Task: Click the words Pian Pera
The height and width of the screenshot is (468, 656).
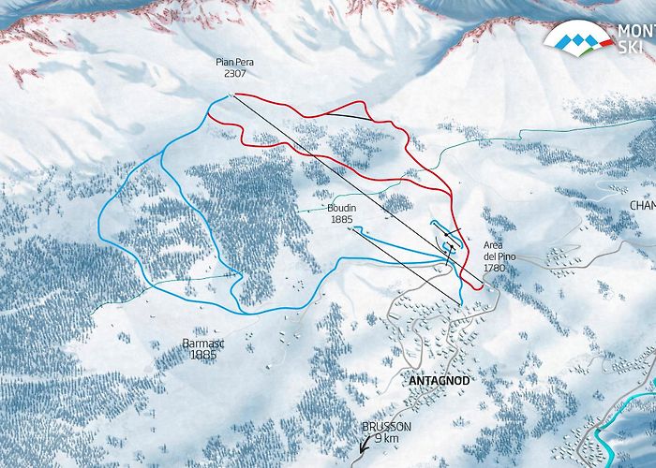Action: (x=233, y=63)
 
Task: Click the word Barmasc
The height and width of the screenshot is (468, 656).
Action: (x=201, y=344)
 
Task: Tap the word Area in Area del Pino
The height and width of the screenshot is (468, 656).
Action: (x=494, y=245)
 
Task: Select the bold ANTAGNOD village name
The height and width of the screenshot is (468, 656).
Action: (x=439, y=381)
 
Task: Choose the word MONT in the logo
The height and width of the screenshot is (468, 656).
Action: (x=635, y=30)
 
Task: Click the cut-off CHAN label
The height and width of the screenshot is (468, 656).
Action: (x=642, y=205)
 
